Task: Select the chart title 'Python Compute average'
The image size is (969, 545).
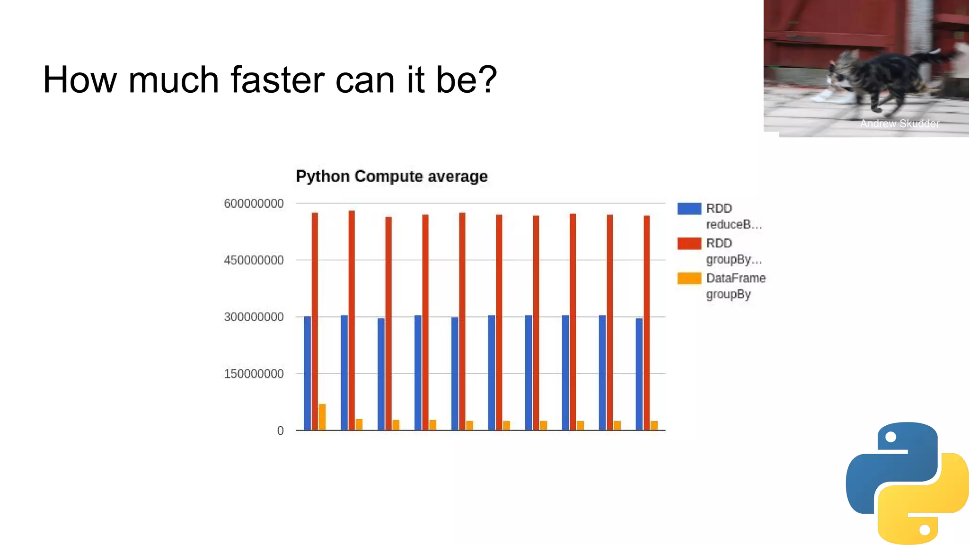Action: coord(391,176)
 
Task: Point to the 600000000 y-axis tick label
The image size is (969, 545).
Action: coord(254,203)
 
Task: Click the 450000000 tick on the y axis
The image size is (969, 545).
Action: coord(254,260)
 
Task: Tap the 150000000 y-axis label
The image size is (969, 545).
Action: coord(254,374)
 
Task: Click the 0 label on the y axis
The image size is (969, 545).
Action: coord(281,431)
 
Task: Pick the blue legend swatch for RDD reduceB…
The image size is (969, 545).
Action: coord(689,209)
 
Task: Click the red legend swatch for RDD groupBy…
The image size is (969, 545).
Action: coord(689,243)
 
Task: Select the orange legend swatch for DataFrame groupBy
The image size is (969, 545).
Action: coord(689,278)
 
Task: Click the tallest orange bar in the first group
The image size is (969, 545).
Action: coord(322,417)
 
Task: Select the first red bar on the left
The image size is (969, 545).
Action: coord(315,322)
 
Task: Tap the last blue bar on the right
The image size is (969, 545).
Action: coord(639,374)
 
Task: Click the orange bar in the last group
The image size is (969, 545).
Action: coord(654,425)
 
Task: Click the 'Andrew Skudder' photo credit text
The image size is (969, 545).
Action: coord(899,123)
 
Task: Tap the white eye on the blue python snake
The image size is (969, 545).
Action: coord(890,437)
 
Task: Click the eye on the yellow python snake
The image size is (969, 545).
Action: coord(925,529)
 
